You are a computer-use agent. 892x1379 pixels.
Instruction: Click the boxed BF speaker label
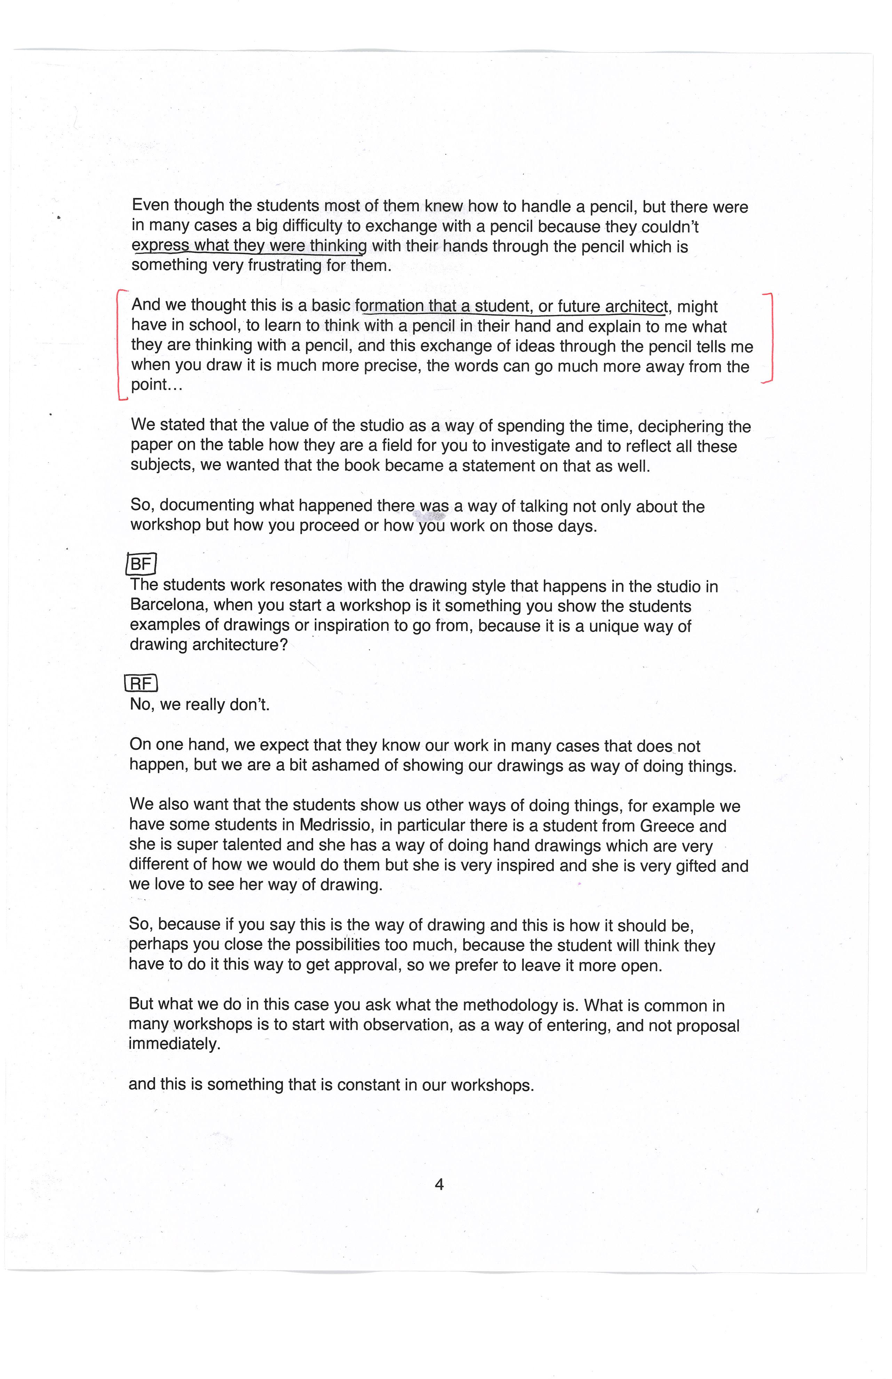coord(141,563)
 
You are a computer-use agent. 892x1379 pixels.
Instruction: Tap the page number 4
coord(439,1184)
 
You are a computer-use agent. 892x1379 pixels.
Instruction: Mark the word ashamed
coord(345,766)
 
